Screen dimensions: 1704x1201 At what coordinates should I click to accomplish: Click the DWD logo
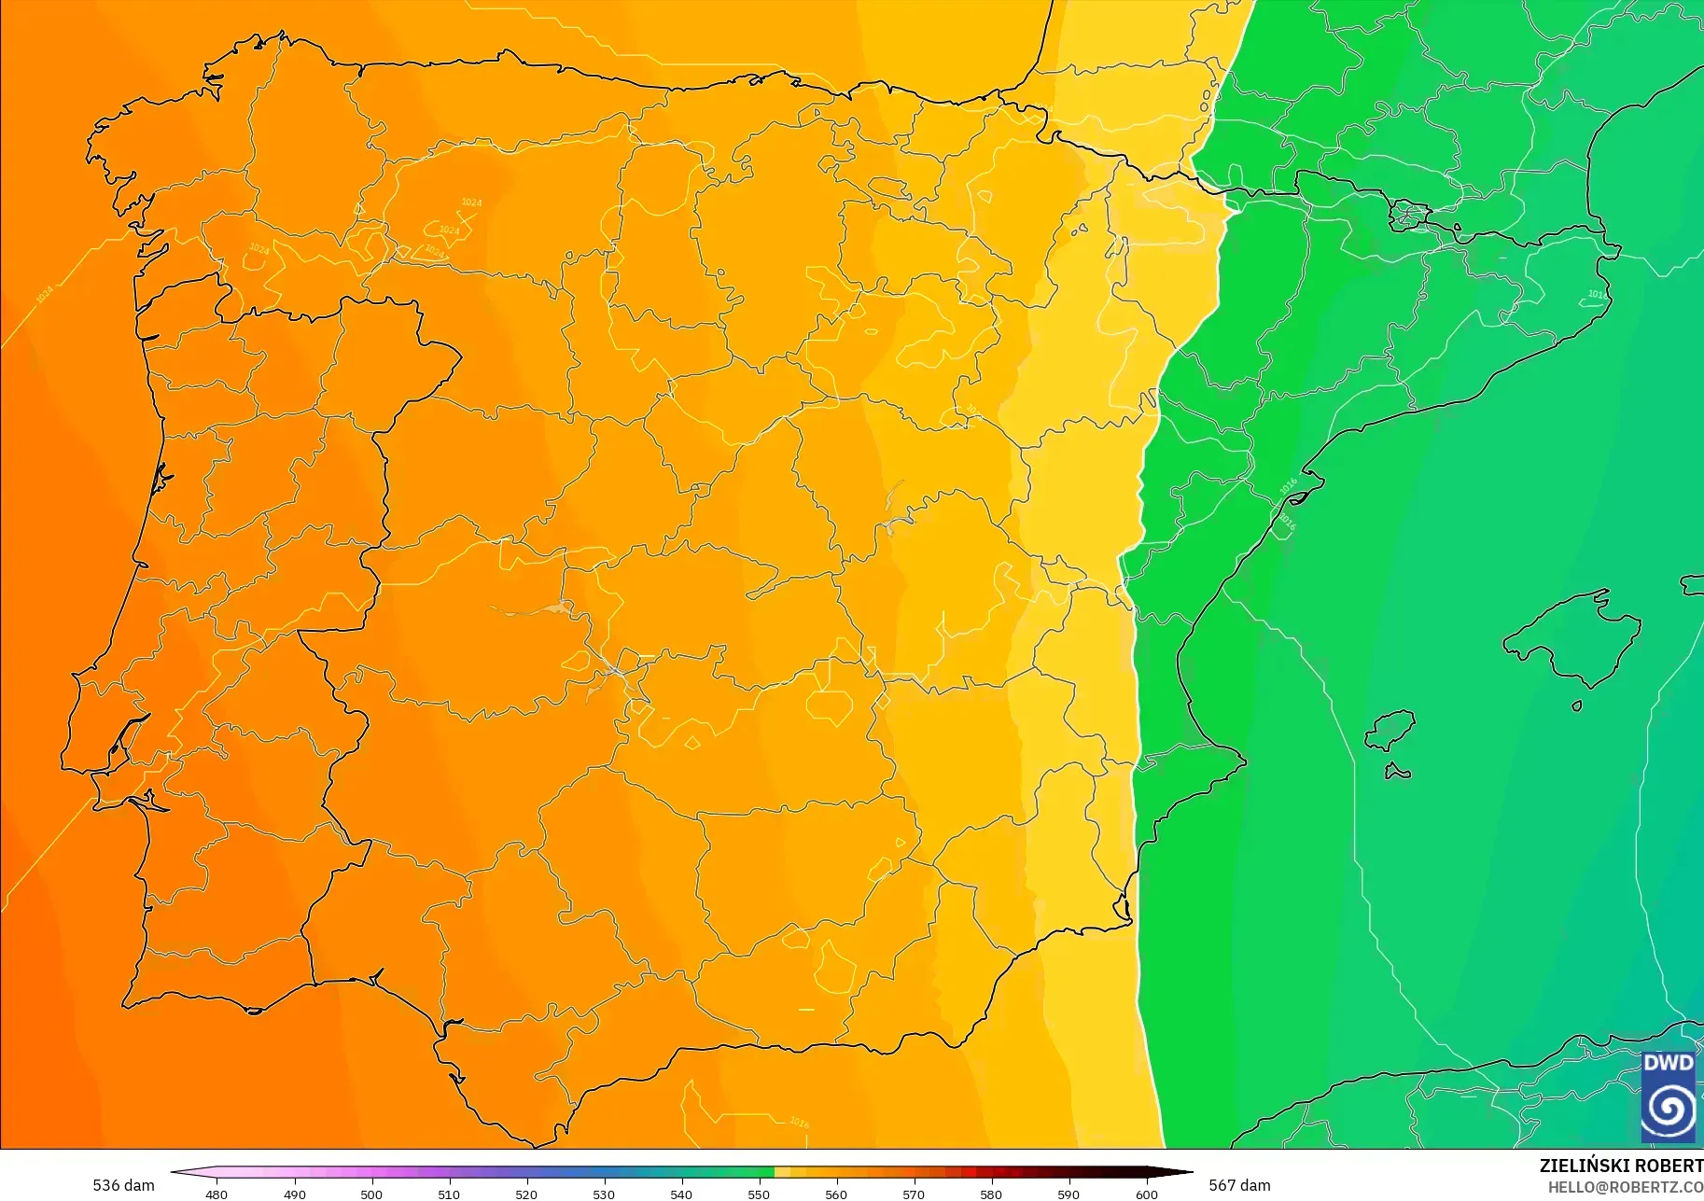[1669, 1096]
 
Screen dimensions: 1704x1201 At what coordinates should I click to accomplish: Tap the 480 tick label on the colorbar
[216, 1194]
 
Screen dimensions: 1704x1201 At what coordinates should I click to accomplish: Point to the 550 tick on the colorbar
[759, 1194]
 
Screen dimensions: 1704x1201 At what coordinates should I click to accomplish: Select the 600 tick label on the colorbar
[1147, 1194]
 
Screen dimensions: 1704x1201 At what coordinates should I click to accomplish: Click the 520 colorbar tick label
[526, 1194]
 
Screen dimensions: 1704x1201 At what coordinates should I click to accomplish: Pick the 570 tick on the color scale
[914, 1194]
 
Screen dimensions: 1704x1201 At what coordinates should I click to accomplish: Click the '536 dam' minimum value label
[123, 1185]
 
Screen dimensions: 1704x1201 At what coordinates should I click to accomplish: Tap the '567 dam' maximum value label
[1239, 1185]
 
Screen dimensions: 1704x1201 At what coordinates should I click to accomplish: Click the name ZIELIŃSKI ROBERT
[1621, 1166]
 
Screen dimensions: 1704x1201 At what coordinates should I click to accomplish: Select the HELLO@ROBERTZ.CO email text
[1625, 1187]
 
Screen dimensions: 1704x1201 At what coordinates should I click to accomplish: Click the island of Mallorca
[1577, 639]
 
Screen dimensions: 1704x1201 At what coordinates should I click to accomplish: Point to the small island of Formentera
[1397, 772]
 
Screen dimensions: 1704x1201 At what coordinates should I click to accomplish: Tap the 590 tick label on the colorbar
[1068, 1194]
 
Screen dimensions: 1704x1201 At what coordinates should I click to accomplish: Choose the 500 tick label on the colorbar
[371, 1194]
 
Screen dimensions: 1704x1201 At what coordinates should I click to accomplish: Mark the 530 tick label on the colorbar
[604, 1194]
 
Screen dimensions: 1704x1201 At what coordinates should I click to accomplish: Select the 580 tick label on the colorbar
[991, 1194]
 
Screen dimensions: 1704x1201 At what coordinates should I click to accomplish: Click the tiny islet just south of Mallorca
[1577, 705]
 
